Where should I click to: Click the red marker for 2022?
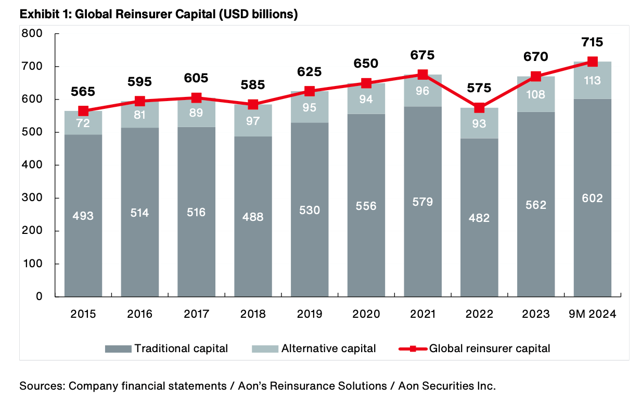tap(479, 108)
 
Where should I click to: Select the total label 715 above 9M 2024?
tap(592, 42)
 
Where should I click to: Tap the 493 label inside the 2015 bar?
tap(83, 215)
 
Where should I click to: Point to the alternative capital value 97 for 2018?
tap(253, 123)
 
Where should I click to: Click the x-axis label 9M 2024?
tap(592, 314)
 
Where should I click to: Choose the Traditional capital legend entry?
tap(166, 349)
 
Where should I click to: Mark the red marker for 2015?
tap(83, 111)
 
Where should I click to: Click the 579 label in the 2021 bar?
tap(422, 202)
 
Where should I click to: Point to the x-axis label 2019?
tap(310, 314)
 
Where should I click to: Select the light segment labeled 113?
tap(592, 80)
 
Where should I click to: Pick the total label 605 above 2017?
tap(196, 78)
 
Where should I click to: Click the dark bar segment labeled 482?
tap(479, 217)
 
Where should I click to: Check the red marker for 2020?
tap(366, 83)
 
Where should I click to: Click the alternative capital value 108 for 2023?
tap(536, 94)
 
